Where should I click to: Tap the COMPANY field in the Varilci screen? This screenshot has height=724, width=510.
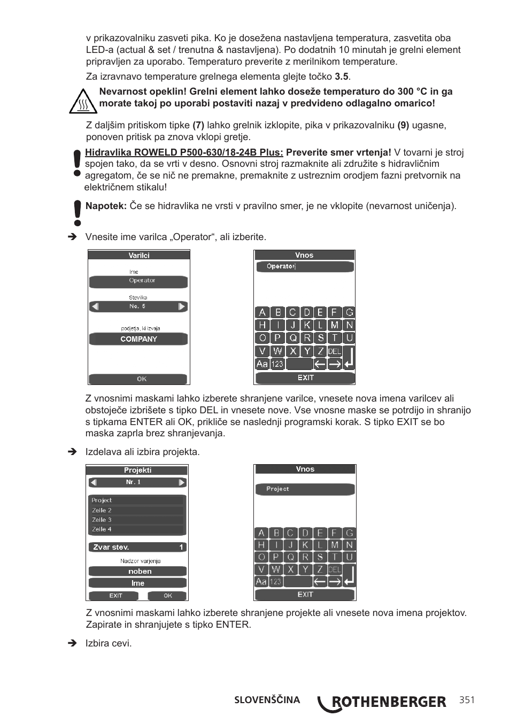138,339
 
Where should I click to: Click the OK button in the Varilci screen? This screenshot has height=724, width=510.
138,379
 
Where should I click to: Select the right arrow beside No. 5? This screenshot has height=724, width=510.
182,306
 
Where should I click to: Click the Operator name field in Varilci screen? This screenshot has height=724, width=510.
138,281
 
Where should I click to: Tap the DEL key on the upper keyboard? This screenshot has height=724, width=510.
335,351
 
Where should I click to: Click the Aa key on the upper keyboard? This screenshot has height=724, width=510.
262,364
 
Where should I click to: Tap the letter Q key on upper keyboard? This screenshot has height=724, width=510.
292,338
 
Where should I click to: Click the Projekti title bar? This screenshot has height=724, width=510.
137,471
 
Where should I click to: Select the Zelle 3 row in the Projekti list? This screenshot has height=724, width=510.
137,520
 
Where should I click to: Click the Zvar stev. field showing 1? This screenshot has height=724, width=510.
137,547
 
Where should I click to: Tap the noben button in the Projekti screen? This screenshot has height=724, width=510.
137,571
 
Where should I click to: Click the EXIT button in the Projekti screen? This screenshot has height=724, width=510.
115,595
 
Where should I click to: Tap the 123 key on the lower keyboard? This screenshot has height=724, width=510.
276,581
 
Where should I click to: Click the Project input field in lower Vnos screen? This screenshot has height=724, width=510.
305,489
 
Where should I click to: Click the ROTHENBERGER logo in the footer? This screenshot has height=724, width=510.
383,702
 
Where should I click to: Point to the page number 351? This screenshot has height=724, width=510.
466,700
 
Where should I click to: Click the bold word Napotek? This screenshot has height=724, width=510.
106,206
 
